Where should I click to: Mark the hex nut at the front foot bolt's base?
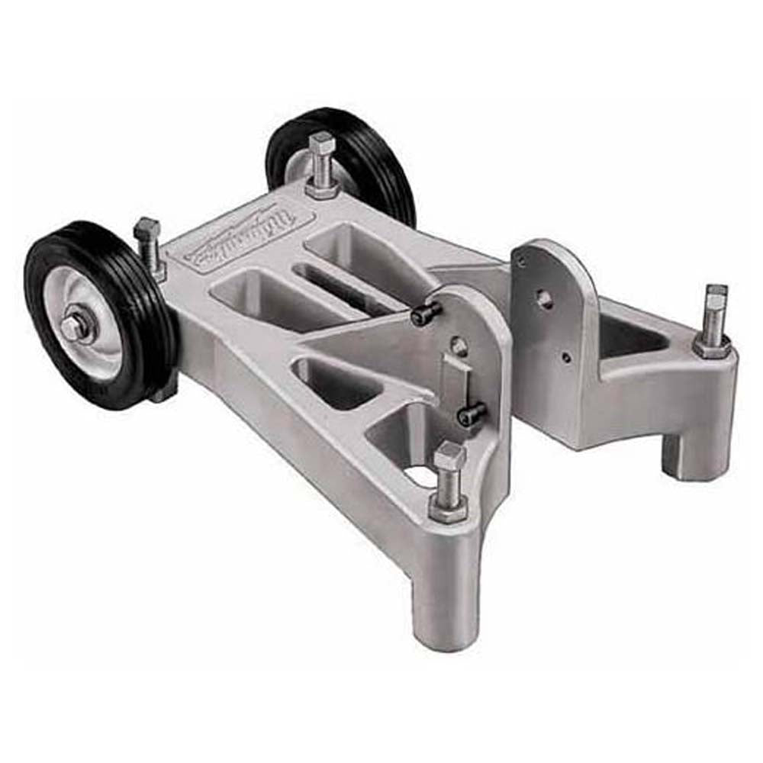click(448, 507)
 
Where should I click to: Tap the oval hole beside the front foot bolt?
click(419, 477)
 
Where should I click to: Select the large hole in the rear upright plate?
click(544, 298)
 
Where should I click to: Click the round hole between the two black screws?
click(459, 347)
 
